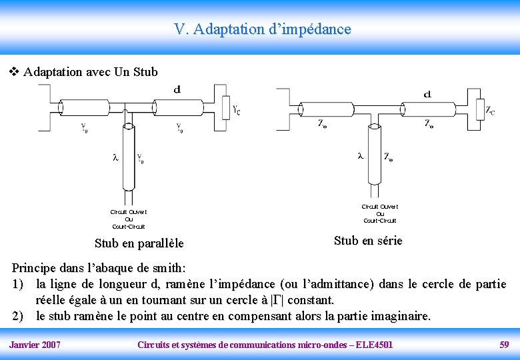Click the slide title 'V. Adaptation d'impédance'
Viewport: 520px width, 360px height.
262,29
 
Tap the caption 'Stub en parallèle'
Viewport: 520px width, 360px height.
139,243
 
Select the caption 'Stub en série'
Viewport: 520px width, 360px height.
368,241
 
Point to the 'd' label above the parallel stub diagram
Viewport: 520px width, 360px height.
177,89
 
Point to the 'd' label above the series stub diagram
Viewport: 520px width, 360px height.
427,94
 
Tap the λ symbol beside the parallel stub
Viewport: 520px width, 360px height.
115,158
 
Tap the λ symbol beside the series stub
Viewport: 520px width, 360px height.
361,156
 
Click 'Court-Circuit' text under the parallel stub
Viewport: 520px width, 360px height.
129,227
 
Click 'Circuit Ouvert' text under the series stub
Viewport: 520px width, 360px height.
380,207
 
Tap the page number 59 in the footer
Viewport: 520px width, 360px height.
504,345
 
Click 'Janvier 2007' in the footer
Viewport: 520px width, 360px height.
35,345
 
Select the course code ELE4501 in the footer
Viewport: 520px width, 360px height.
375,345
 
